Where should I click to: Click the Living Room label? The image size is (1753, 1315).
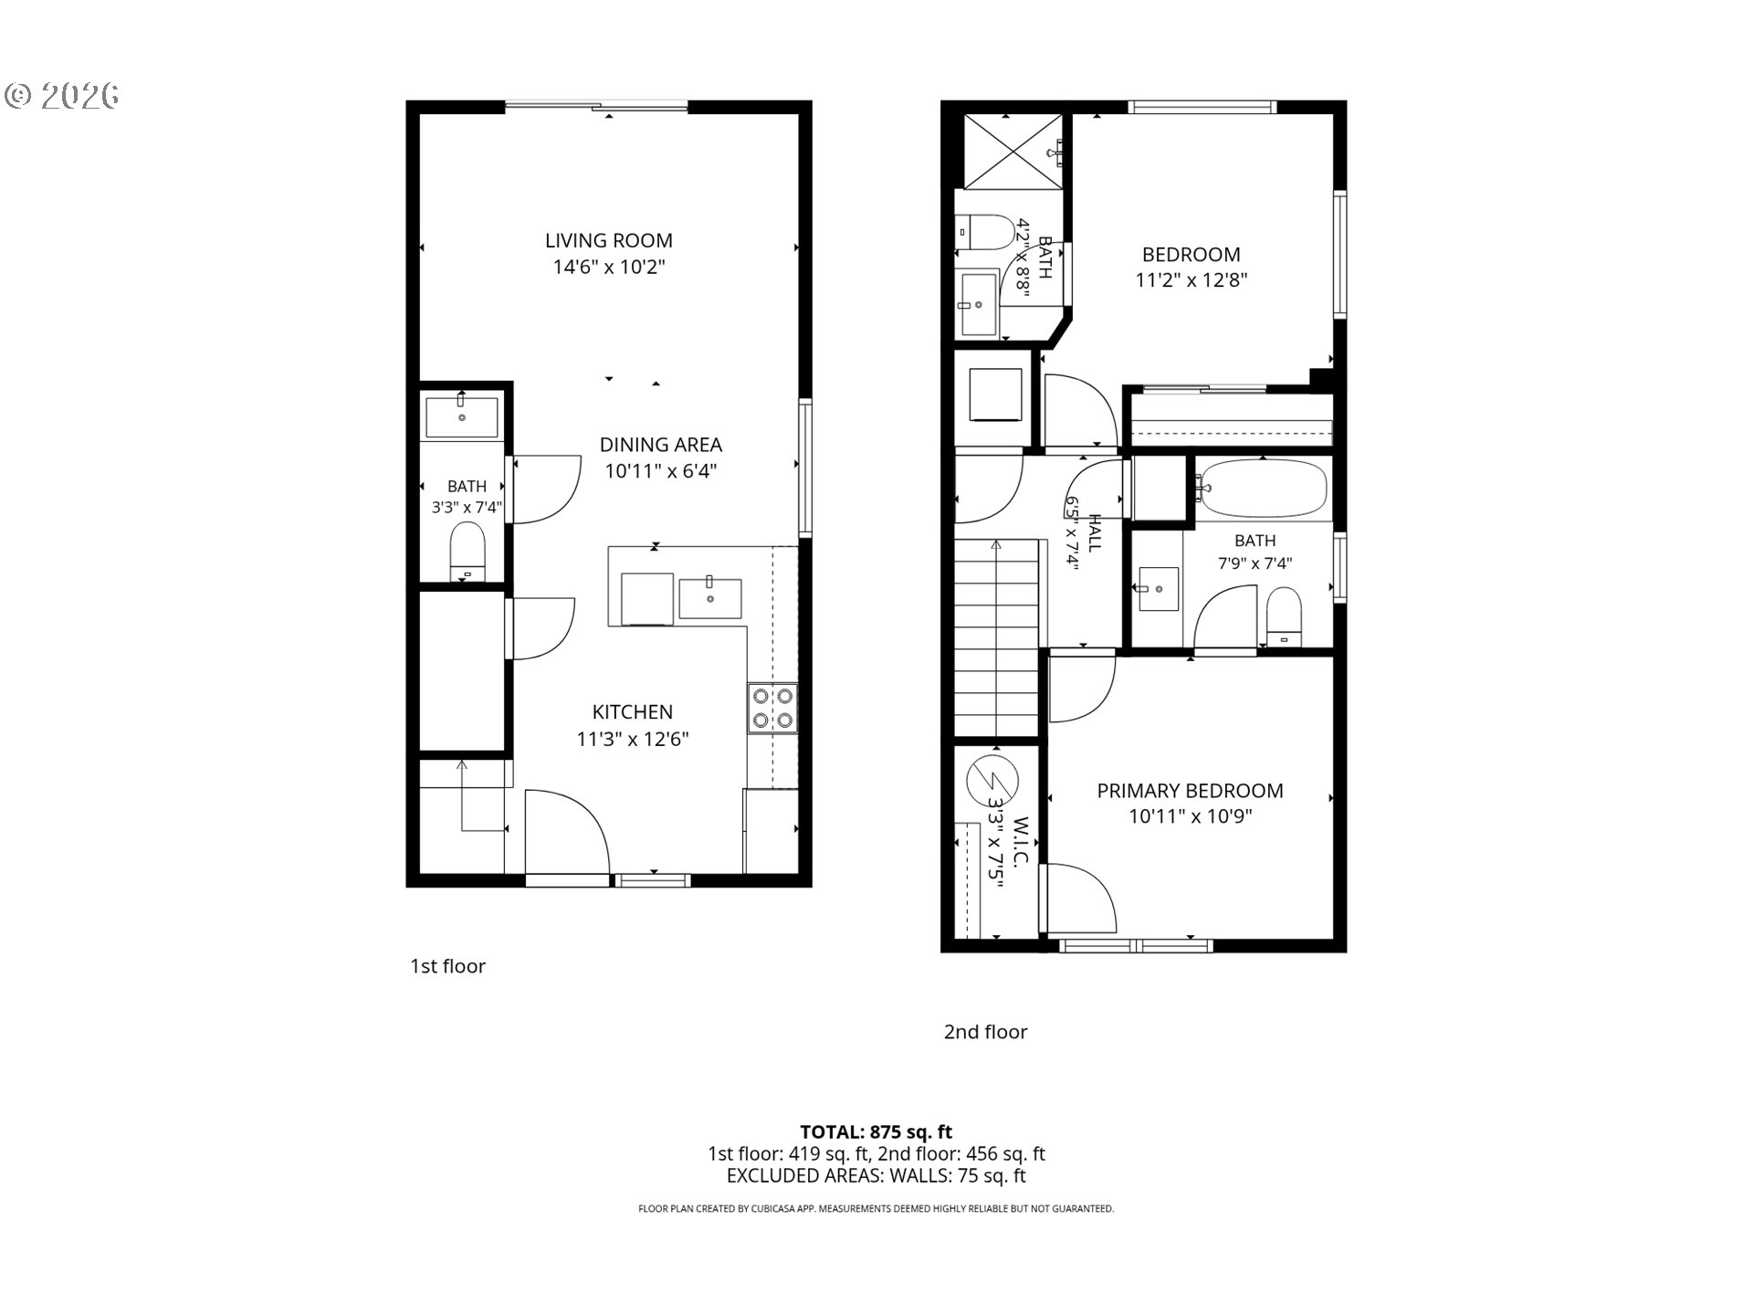608,241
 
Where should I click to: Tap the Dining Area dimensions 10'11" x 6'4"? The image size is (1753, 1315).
660,471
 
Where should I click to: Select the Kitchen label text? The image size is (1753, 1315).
632,712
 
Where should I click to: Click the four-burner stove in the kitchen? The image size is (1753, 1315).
772,709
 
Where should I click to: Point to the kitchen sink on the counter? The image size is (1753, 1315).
709,598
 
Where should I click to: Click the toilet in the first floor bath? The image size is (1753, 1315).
468,551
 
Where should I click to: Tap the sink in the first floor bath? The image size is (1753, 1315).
462,417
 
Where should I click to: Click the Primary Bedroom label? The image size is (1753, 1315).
1190,791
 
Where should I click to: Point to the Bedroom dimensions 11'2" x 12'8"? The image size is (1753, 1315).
1191,280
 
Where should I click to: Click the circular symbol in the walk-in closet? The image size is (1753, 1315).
992,781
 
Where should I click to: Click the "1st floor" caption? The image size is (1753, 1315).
447,966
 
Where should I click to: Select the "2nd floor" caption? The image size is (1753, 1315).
985,1032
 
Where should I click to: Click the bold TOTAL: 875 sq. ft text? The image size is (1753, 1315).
876,1133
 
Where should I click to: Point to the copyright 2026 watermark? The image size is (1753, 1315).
62,96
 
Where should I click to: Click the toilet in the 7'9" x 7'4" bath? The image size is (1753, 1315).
1284,616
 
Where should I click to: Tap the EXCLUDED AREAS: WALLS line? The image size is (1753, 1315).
876,1176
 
